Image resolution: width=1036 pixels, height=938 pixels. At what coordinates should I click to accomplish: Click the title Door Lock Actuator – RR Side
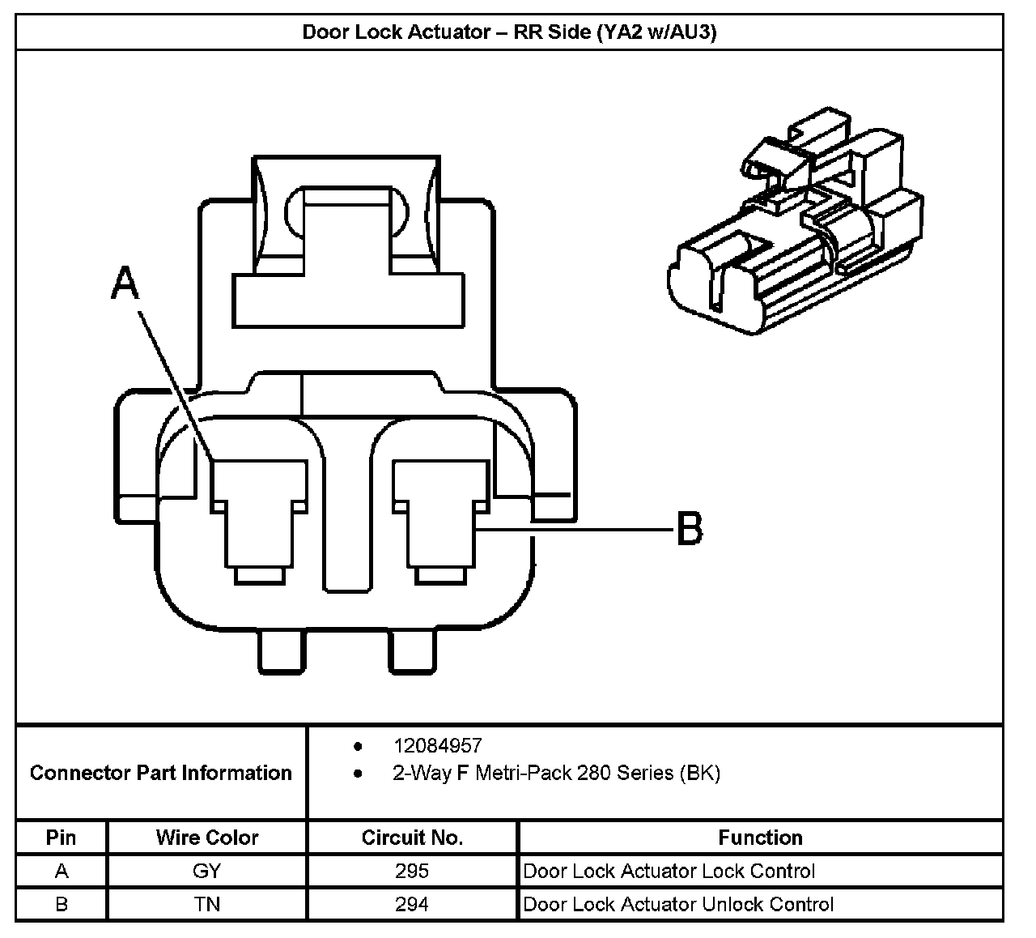509,32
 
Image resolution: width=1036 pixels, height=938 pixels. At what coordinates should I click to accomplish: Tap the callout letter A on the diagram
125,284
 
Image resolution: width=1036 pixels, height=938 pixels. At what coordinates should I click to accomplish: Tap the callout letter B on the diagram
689,530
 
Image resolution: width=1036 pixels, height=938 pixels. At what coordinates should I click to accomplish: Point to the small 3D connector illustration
793,223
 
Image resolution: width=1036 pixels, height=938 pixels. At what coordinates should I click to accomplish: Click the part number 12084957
438,745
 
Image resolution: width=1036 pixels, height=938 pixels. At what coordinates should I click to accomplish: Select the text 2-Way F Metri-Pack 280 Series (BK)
556,773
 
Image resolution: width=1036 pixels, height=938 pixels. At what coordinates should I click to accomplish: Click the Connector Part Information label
160,773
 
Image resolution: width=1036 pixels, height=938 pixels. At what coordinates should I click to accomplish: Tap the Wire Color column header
207,838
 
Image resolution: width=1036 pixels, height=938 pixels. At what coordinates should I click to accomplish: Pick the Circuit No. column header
412,838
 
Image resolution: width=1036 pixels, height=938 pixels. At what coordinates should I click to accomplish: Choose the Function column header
760,838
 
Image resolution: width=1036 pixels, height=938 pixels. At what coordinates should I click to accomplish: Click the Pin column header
62,838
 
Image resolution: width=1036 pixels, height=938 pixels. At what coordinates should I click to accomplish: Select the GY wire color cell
207,872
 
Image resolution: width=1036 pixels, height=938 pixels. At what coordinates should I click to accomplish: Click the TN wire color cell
207,904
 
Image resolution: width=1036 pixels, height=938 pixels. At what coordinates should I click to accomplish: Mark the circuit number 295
412,872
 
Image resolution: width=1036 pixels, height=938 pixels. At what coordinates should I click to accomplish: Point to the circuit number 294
412,904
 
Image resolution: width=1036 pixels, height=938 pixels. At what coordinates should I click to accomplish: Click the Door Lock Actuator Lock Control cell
669,872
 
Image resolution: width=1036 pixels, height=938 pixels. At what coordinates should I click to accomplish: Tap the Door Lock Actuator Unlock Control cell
678,904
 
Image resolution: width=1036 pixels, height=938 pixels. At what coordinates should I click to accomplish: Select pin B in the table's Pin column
62,904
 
